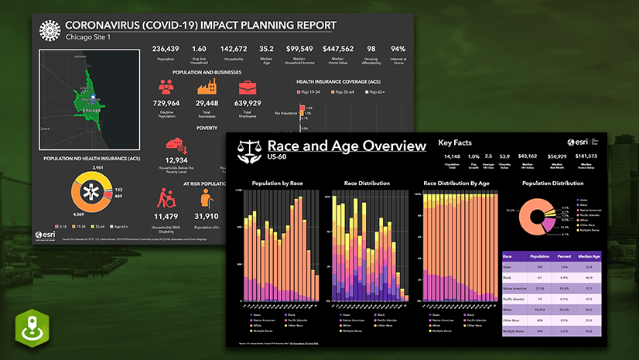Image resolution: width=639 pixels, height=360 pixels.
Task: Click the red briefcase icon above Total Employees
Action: tap(248, 86)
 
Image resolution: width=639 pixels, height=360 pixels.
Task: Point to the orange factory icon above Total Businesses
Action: tap(207, 86)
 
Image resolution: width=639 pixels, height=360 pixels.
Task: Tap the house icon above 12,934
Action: tap(176, 146)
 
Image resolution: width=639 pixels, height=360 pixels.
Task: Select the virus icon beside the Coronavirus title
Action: tap(50, 29)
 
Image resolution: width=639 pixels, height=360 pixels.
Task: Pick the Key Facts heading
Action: tap(456, 142)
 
